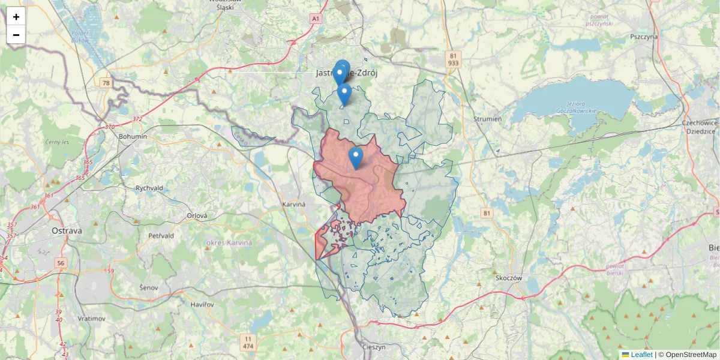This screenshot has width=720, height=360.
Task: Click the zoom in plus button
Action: coord(16,17)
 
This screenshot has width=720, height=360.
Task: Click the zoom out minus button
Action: coord(16,35)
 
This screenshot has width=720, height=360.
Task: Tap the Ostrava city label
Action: coord(66,230)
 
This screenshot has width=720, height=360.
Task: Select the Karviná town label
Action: coord(294,204)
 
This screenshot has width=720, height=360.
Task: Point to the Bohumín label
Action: coord(133,136)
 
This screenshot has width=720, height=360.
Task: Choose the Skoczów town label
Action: coord(511,278)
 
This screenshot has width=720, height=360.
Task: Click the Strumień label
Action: coord(487,119)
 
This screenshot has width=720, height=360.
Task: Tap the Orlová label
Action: coord(197,215)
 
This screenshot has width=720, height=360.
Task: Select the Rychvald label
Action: coord(149,188)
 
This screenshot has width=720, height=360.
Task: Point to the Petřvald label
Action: coord(161,236)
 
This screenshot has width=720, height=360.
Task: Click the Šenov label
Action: coord(148,288)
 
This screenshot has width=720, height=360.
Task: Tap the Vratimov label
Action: coord(92,318)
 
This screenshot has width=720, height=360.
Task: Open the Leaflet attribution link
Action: coord(641,355)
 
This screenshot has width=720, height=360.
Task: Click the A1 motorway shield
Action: coord(316,19)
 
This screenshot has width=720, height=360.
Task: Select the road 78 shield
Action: coord(106,83)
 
